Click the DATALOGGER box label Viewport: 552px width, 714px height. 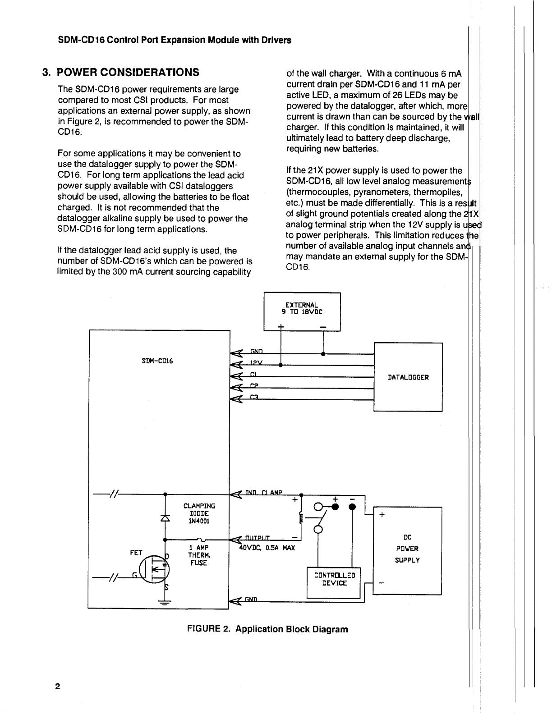pos(408,377)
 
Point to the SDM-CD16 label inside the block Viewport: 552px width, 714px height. pos(157,361)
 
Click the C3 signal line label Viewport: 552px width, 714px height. pos(253,397)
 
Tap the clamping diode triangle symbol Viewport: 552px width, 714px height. pos(166,518)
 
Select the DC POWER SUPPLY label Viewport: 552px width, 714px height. pos(407,549)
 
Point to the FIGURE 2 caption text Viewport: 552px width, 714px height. pos(267,629)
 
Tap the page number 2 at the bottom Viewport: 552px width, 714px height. pos(58,687)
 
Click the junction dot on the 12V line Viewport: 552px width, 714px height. pos(281,364)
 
